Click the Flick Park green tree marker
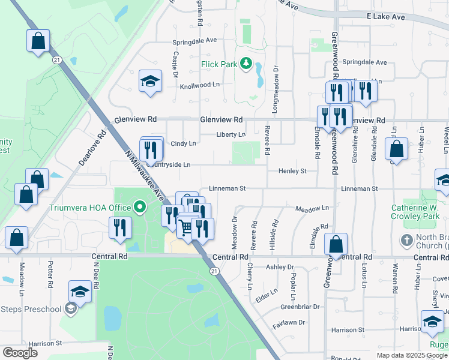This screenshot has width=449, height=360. [x=246, y=63]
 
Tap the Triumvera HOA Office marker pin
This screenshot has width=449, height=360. [x=140, y=208]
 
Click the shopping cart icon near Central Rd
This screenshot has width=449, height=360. [x=185, y=227]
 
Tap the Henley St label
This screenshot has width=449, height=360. [x=292, y=171]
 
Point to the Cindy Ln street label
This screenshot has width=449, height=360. [x=183, y=144]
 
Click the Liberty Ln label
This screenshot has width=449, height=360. [x=231, y=135]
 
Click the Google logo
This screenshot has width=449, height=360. [x=20, y=353]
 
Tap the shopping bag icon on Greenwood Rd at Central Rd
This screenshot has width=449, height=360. [x=336, y=243]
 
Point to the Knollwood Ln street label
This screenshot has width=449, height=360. [x=200, y=86]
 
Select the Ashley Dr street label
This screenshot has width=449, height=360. [x=280, y=267]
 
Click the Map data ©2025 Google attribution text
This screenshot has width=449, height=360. [x=412, y=355]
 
